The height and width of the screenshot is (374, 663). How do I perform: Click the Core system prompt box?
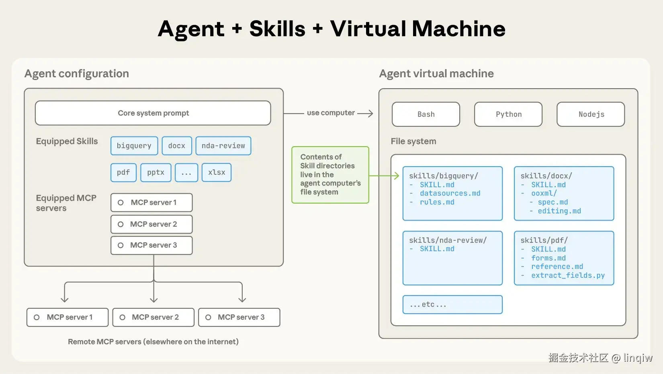(x=153, y=113)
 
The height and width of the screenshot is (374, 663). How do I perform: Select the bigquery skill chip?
(x=134, y=146)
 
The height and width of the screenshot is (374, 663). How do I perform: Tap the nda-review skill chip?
(x=223, y=146)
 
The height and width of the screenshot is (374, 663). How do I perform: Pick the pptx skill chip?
(x=156, y=172)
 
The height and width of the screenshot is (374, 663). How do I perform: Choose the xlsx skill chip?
(x=217, y=172)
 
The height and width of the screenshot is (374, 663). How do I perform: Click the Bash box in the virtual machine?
(x=426, y=114)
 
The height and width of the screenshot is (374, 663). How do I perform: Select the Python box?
(x=508, y=114)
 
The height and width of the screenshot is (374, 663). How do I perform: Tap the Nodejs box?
(x=591, y=114)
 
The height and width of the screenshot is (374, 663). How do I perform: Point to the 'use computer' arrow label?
(x=331, y=113)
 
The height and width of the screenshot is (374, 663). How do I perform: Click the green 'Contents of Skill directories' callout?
(x=330, y=175)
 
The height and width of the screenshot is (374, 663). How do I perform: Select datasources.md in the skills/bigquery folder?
(x=450, y=194)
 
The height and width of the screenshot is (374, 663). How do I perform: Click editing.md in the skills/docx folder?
(x=559, y=211)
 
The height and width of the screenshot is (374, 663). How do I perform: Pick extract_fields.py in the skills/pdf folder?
(x=568, y=275)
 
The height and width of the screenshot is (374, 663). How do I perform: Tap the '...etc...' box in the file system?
(x=452, y=305)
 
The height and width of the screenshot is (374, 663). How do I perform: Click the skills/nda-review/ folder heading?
(x=448, y=240)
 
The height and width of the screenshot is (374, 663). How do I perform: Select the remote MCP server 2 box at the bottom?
(x=153, y=317)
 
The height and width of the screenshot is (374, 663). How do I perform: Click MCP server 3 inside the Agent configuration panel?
(x=152, y=245)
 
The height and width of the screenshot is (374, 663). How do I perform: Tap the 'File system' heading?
(x=413, y=141)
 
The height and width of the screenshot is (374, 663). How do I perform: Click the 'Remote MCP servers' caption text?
(x=153, y=342)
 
